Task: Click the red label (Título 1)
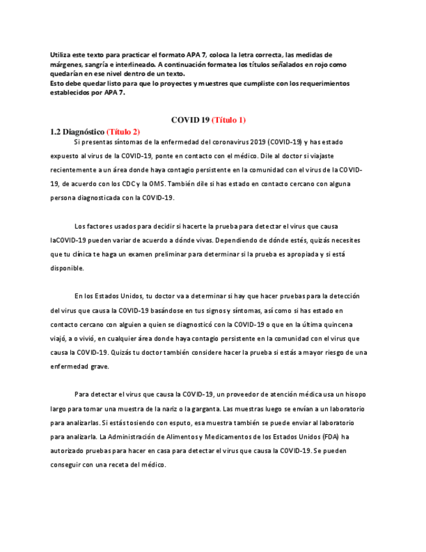(x=228, y=120)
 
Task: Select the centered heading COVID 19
(x=190, y=120)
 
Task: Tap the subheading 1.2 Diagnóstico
(x=77, y=131)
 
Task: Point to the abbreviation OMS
(x=179, y=184)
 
